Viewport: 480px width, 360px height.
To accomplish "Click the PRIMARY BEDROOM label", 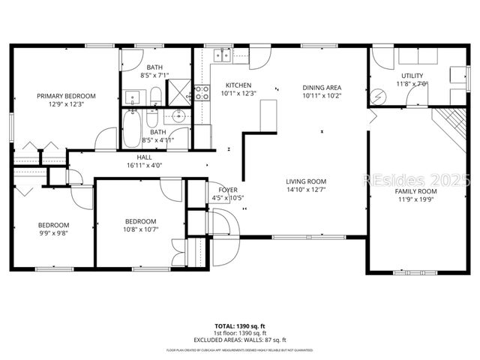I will (67, 96).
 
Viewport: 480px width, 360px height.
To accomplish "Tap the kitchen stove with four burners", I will (202, 92).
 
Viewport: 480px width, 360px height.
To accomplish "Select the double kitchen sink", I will (220, 54).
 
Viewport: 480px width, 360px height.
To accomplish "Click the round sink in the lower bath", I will (178, 116).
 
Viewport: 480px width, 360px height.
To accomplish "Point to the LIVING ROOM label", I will (306, 181).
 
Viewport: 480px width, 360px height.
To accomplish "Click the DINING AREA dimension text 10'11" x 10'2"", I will (322, 96).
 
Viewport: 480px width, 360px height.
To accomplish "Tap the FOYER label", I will (228, 189).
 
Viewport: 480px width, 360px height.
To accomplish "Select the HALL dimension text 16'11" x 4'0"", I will (145, 166).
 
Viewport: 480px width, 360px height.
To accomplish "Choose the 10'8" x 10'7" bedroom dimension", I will (140, 230).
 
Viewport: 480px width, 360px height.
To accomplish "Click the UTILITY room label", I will (412, 76).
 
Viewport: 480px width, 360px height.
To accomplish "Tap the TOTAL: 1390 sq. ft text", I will (240, 326).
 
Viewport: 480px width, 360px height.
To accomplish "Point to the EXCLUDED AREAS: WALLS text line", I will (240, 340).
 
